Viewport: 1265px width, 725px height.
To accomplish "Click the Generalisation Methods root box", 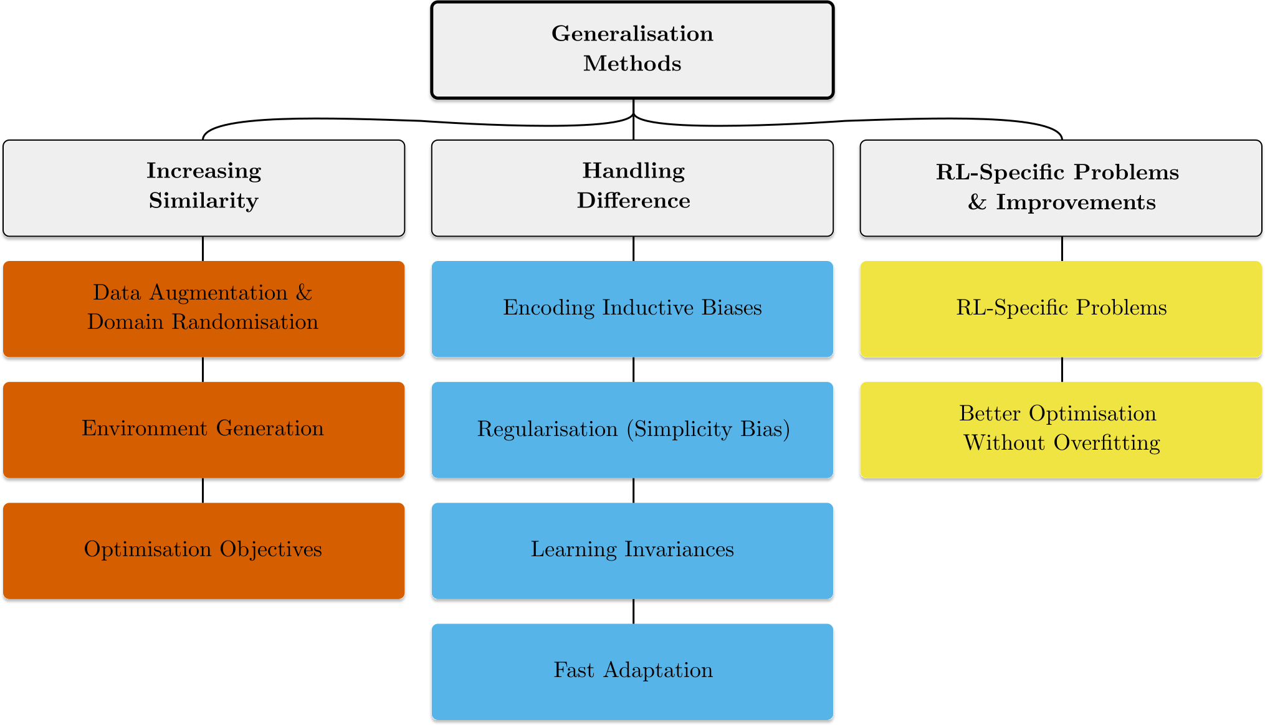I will pyautogui.click(x=632, y=50).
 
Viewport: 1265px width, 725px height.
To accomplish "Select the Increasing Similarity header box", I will pyautogui.click(x=204, y=187).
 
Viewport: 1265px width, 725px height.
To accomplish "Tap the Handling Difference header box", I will pyautogui.click(x=632, y=187).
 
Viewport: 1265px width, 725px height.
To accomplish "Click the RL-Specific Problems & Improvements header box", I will pyautogui.click(x=1061, y=187).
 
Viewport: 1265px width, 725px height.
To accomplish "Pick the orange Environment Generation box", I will pyautogui.click(x=204, y=430).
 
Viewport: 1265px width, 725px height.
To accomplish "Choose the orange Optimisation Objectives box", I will pyautogui.click(x=204, y=551).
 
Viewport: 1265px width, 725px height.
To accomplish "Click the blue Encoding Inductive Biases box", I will pyautogui.click(x=632, y=309).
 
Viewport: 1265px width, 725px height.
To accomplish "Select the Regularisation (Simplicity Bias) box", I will pyautogui.click(x=632, y=430).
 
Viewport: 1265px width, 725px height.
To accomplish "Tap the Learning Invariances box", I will pyautogui.click(x=632, y=551).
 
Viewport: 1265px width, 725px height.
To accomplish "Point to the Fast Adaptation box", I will pyautogui.click(x=632, y=671).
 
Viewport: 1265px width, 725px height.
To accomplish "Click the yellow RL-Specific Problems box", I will pyautogui.click(x=1061, y=309).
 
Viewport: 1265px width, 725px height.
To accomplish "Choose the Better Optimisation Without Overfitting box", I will pyautogui.click(x=1061, y=430).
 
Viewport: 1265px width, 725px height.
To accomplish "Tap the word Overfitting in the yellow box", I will pyautogui.click(x=1107, y=443).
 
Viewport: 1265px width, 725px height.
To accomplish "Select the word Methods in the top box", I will pyautogui.click(x=632, y=64).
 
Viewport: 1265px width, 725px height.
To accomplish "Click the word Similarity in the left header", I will pyautogui.click(x=204, y=201).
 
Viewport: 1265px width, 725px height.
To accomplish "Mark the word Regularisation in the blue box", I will pyautogui.click(x=547, y=429).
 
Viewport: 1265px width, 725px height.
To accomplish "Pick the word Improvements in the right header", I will pyautogui.click(x=1076, y=202).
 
